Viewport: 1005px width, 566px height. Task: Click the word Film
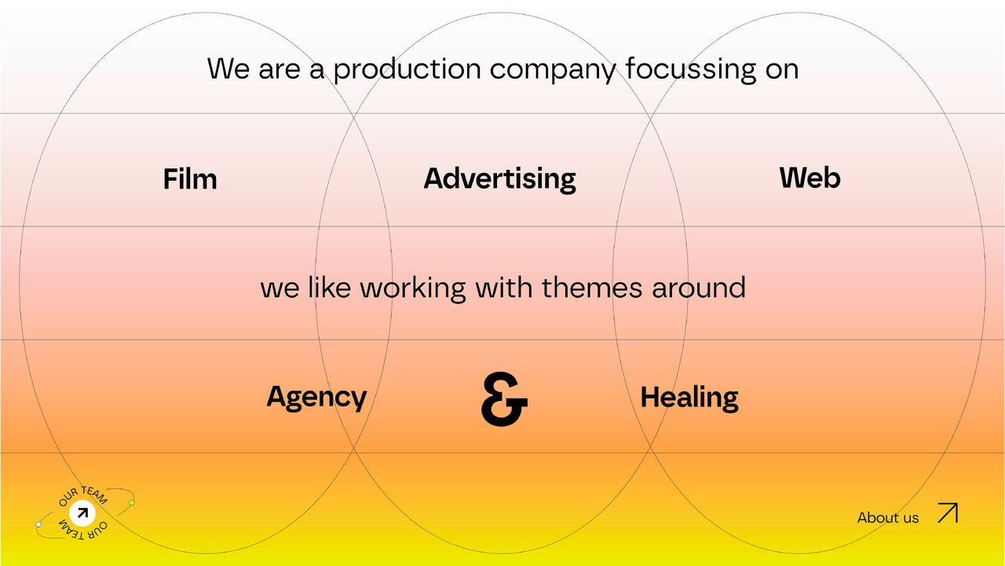(190, 178)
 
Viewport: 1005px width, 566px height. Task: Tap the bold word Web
(809, 178)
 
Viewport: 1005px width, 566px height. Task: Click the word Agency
(316, 398)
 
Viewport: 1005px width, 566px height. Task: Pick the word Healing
(689, 398)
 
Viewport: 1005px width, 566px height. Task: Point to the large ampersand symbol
(504, 399)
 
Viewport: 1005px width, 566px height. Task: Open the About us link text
(888, 518)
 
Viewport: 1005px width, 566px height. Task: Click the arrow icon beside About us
(948, 513)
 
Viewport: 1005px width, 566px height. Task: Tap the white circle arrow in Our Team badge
(82, 513)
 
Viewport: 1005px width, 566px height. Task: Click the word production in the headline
(407, 70)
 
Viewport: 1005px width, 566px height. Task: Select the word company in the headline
(553, 71)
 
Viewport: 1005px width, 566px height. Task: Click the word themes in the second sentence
(592, 288)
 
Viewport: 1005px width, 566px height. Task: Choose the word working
(413, 289)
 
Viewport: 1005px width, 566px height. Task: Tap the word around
(699, 288)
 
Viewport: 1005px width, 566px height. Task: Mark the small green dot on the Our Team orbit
(131, 502)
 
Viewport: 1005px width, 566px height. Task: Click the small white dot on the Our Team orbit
(38, 524)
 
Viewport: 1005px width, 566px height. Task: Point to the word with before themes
(504, 288)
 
